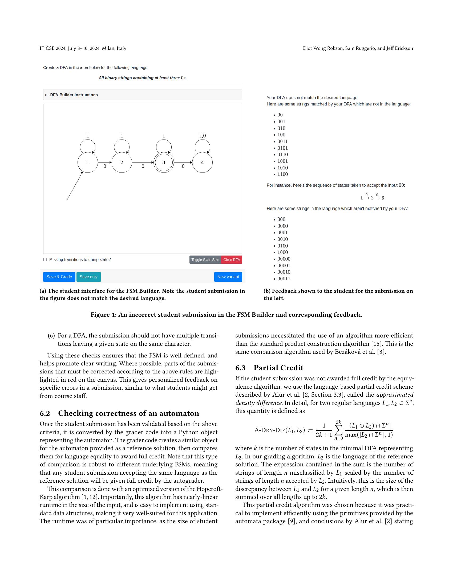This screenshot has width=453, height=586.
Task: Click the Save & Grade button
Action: pos(59,277)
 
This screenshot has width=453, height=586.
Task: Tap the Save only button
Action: pos(88,277)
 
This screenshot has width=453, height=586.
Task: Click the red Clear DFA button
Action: pos(231,259)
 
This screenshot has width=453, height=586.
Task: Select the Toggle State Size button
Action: pos(205,259)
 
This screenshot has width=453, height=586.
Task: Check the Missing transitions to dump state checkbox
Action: pos(45,259)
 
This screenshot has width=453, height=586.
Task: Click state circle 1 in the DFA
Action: pos(87,162)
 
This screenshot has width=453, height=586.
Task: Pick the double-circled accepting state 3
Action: pos(163,162)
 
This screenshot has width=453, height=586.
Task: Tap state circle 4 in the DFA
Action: pos(202,162)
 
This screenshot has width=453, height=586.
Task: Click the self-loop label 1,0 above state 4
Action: pos(202,136)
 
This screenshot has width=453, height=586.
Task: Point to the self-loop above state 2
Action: pos(122,146)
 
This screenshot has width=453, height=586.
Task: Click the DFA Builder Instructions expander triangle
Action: pos(46,95)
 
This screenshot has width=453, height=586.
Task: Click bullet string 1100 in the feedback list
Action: pos(282,174)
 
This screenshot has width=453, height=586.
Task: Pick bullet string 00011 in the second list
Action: pos(284,279)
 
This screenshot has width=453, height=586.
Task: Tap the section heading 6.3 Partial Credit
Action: pos(269,368)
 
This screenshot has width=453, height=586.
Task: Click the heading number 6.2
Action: pos(45,413)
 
